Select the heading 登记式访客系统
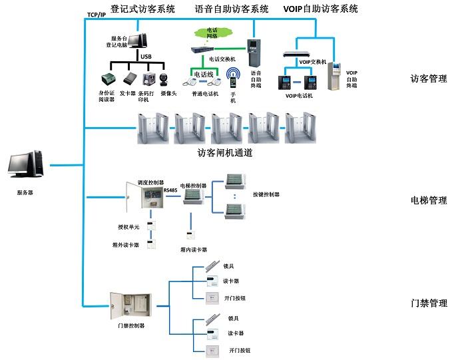pyautogui.click(x=142, y=9)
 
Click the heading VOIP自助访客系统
pyautogui.click(x=321, y=9)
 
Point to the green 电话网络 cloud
pyautogui.click(x=212, y=33)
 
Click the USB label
pyautogui.click(x=146, y=57)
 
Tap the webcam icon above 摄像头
pyautogui.click(x=168, y=77)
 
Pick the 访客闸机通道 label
pyautogui.click(x=224, y=152)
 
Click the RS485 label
pyautogui.click(x=171, y=191)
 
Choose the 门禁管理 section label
pyautogui.click(x=429, y=303)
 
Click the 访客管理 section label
pyautogui.click(x=429, y=79)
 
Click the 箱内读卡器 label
pyautogui.click(x=192, y=250)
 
